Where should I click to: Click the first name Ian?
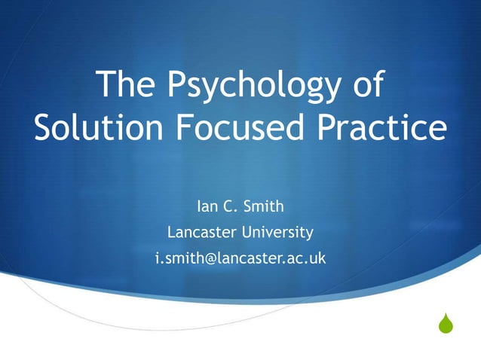tap(207, 205)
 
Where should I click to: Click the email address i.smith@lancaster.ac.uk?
tap(240, 258)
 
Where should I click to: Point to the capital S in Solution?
tap(44, 130)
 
